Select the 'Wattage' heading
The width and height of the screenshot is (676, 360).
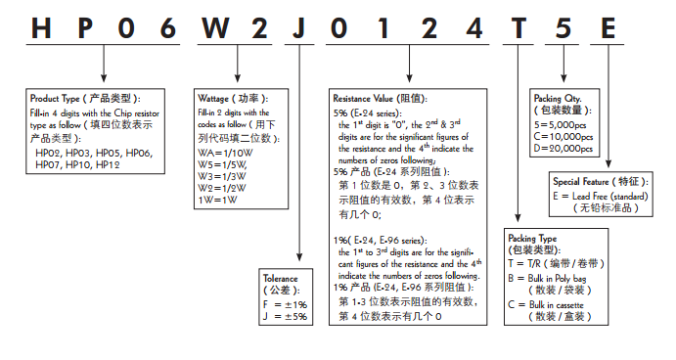[x=216, y=99]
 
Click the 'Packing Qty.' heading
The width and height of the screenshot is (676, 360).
[x=557, y=99]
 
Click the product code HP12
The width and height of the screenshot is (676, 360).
[x=109, y=165]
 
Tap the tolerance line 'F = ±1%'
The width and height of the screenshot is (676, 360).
[x=288, y=304]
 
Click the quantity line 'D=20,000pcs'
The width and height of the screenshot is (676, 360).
[x=563, y=149]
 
